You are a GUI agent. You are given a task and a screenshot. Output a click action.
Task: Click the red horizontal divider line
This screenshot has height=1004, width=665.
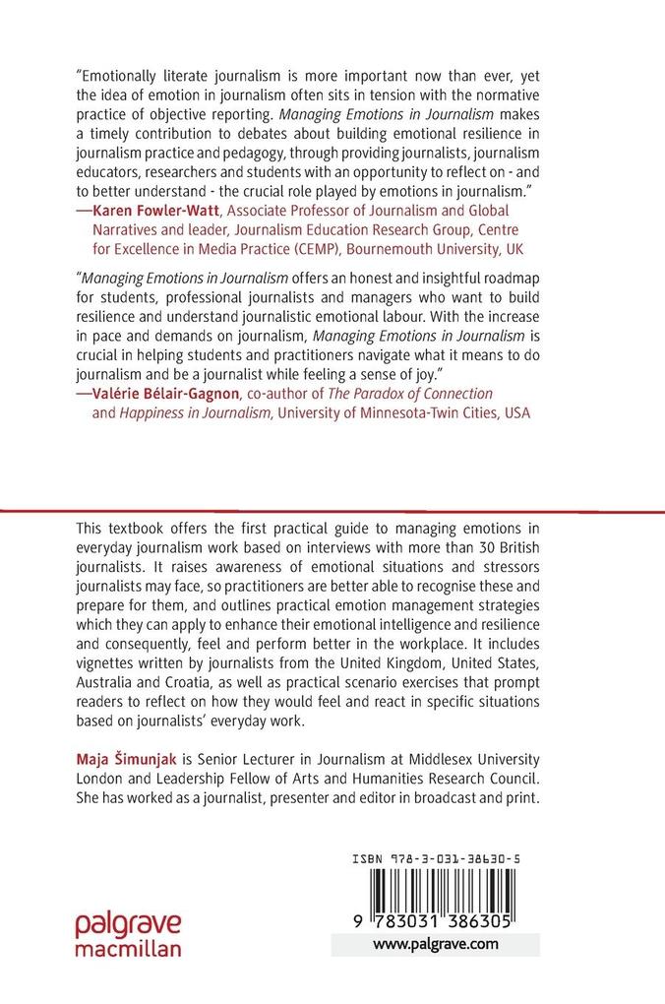[332, 511]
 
